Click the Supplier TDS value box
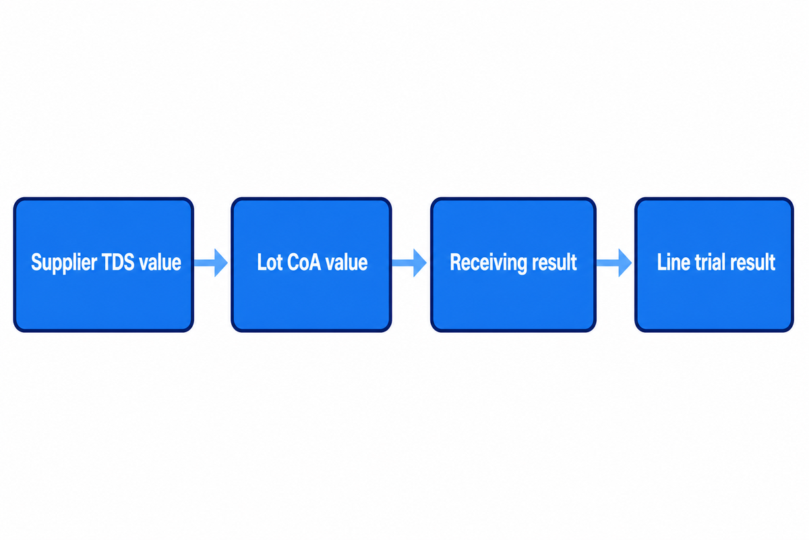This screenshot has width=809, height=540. pyautogui.click(x=104, y=265)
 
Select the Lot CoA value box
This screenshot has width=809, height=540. pyautogui.click(x=311, y=265)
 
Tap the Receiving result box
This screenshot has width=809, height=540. pyautogui.click(x=513, y=265)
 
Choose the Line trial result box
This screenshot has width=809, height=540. pyautogui.click(x=714, y=265)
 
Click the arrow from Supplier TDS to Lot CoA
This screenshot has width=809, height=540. pyautogui.click(x=211, y=263)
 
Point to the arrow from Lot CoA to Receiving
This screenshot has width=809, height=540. pyautogui.click(x=410, y=263)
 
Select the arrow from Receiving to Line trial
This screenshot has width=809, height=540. pyautogui.click(x=614, y=263)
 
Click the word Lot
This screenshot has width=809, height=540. pyautogui.click(x=269, y=262)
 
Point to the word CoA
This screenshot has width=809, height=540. pyautogui.click(x=303, y=262)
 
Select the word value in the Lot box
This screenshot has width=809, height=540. pyautogui.click(x=347, y=262)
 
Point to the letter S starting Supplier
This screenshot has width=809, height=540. pyautogui.click(x=37, y=262)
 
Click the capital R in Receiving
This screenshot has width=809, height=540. pyautogui.click(x=456, y=262)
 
